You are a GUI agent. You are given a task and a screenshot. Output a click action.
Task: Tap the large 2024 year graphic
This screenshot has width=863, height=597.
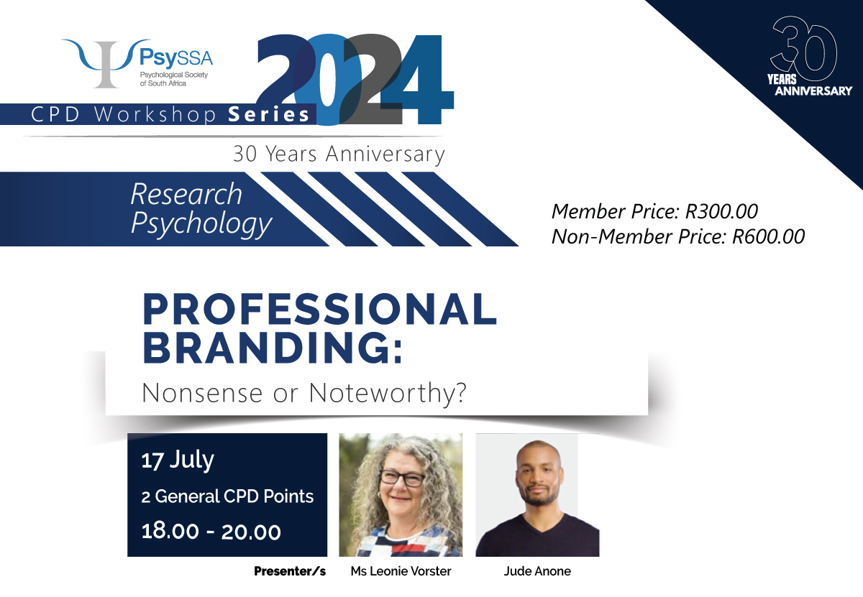pyautogui.click(x=355, y=80)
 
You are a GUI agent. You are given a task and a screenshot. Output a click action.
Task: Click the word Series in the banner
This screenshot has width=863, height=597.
pyautogui.click(x=268, y=115)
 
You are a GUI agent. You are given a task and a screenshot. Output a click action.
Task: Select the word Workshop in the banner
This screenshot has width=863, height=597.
pyautogui.click(x=155, y=115)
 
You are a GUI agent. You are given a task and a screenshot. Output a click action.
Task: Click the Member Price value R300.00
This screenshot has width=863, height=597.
pyautogui.click(x=721, y=211)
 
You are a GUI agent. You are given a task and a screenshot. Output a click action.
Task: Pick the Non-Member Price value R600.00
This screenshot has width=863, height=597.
pyautogui.click(x=768, y=236)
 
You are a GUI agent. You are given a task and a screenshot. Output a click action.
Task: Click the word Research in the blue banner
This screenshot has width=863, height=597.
pyautogui.click(x=186, y=194)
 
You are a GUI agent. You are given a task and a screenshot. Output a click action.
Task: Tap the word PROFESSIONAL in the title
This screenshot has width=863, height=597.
pyautogui.click(x=319, y=310)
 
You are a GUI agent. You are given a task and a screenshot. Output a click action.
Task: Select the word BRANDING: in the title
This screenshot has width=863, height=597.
pyautogui.click(x=273, y=347)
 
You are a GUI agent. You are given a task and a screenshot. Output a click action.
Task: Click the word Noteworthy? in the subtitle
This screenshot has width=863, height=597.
pyautogui.click(x=388, y=394)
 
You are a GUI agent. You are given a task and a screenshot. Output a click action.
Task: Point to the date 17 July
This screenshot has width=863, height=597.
pyautogui.click(x=177, y=460)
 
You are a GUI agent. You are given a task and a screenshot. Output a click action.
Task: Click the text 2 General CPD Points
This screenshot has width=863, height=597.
pyautogui.click(x=227, y=496)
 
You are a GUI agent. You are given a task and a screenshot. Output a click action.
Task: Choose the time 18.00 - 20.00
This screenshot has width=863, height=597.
pyautogui.click(x=211, y=532)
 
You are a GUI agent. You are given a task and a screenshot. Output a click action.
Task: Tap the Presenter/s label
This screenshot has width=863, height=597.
pyautogui.click(x=290, y=571)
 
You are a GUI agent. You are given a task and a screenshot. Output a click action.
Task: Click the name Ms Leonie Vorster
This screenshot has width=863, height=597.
pyautogui.click(x=401, y=571)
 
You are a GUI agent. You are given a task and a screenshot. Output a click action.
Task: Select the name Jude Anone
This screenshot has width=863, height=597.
pyautogui.click(x=537, y=571)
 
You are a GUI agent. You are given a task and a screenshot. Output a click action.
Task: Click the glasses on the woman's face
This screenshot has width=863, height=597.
pyautogui.click(x=402, y=478)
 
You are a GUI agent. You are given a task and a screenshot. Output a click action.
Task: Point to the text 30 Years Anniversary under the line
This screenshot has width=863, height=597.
pyautogui.click(x=339, y=154)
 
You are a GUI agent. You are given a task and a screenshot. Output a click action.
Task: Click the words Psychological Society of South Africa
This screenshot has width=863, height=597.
pyautogui.click(x=174, y=79)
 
